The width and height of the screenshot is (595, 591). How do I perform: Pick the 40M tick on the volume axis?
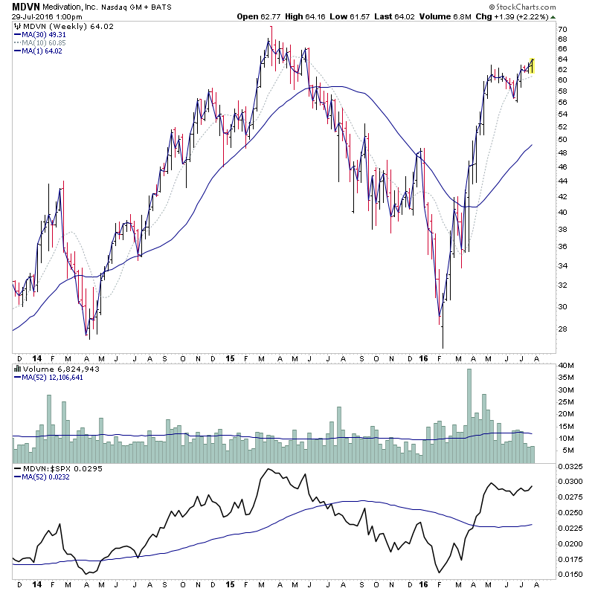tap(567, 365)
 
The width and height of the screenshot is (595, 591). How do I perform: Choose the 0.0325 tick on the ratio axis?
tap(570, 467)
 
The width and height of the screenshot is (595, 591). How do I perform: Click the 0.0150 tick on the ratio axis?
tap(570, 574)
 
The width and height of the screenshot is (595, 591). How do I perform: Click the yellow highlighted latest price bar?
tap(532, 65)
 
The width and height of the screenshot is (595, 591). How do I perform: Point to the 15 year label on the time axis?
tap(230, 357)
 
